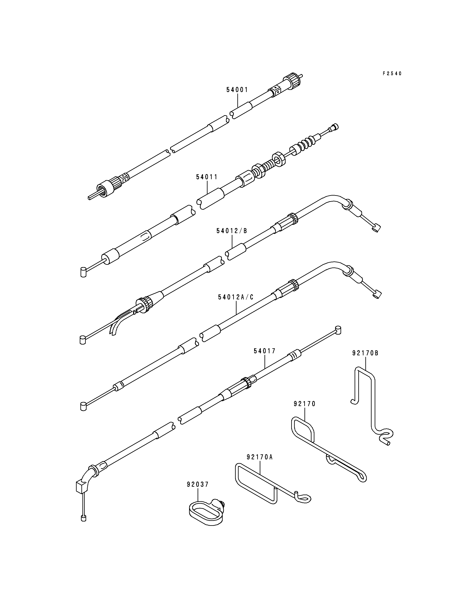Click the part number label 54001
pyautogui.click(x=237, y=90)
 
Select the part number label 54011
pyautogui.click(x=207, y=177)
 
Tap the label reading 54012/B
pyautogui.click(x=232, y=231)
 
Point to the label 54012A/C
pyautogui.click(x=236, y=297)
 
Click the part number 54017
pyautogui.click(x=264, y=351)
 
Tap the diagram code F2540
pyautogui.click(x=392, y=73)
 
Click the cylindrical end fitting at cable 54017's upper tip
pyautogui.click(x=338, y=330)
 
